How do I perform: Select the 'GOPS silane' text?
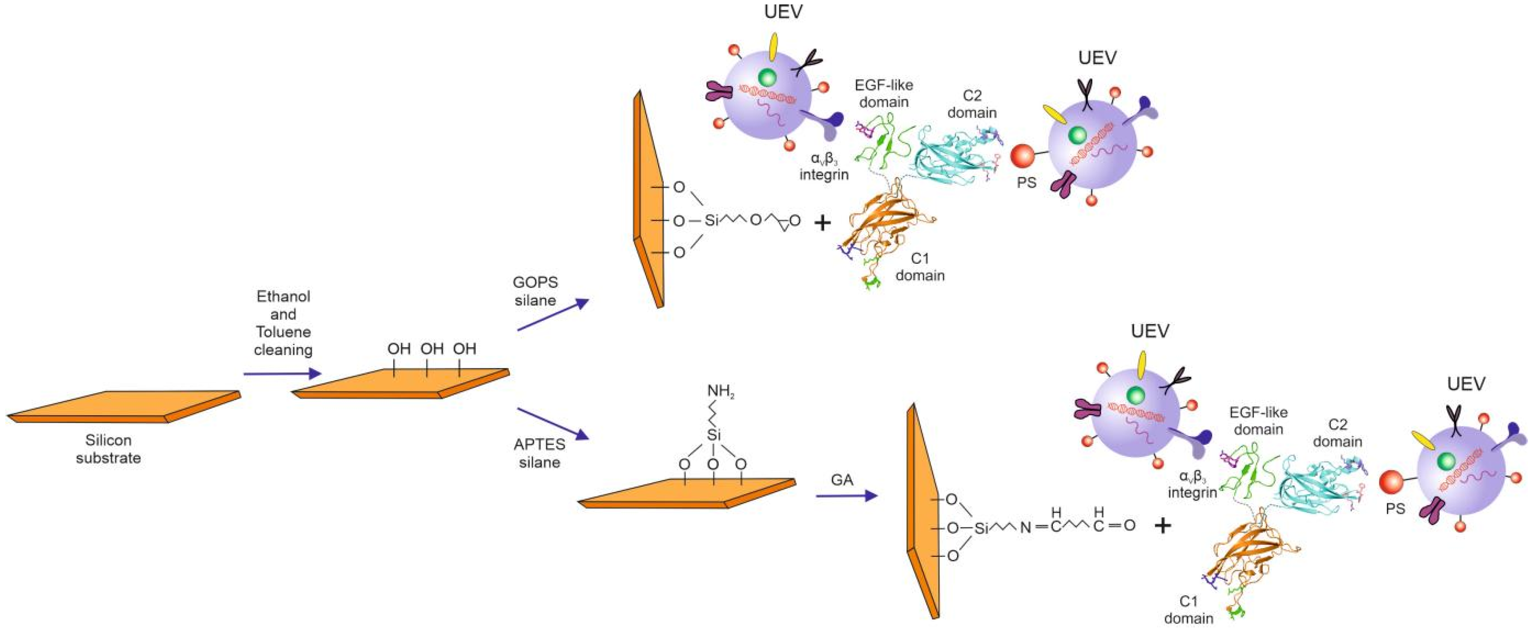535,291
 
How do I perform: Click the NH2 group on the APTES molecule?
721,391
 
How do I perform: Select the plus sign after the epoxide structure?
822,223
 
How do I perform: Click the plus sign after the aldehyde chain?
1162,526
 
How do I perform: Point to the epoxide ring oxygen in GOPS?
794,220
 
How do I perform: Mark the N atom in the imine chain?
1025,527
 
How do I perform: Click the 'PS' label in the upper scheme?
1026,183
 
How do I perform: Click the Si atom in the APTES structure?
713,435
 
